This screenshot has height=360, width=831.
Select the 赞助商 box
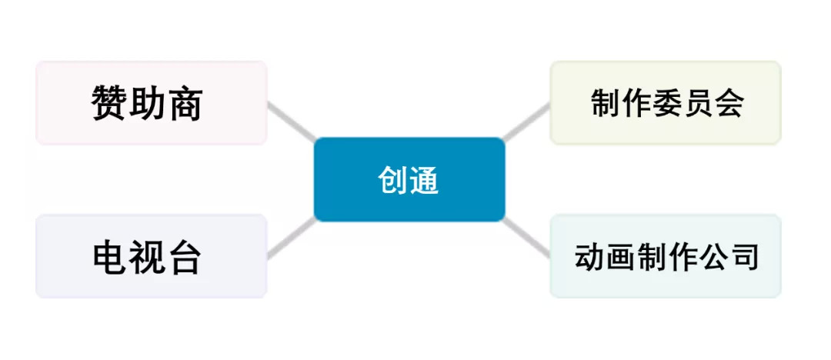coord(151,103)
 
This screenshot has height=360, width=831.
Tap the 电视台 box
coord(151,256)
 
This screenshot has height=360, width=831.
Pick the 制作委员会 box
coord(666,103)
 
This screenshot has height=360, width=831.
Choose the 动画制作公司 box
coord(666,256)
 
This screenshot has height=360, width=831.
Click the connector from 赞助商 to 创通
coord(291,121)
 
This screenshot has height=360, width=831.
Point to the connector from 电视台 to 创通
coord(291,238)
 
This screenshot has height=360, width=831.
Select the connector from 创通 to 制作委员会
coord(527,122)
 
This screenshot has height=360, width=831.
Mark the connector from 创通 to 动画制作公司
coord(528,238)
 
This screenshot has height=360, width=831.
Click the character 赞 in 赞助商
coord(110,103)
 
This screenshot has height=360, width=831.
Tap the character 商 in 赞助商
coord(185,103)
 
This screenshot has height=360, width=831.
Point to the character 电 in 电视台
coord(110,257)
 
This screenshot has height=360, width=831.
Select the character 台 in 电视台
coord(185,257)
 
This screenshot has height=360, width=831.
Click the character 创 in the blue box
coord(392,180)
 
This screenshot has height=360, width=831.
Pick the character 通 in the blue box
coord(424,180)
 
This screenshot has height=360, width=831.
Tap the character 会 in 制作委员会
coord(729,103)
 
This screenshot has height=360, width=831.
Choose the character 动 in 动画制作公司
coord(588,257)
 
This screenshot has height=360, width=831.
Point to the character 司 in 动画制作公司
coord(745,257)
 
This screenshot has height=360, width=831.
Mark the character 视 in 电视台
coord(148,257)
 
